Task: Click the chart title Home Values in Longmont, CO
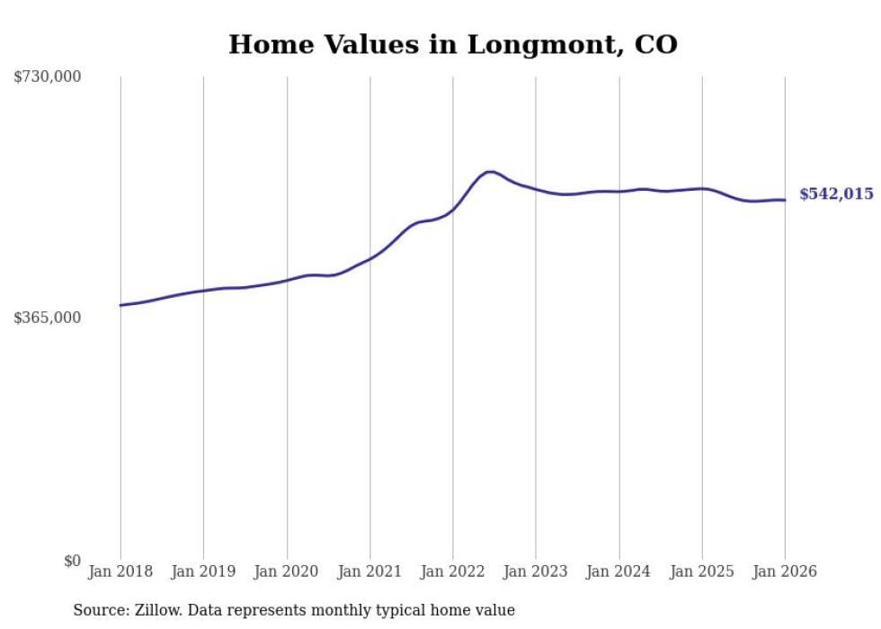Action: [x=452, y=44]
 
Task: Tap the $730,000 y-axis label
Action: [x=48, y=77]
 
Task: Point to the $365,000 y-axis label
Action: [x=48, y=318]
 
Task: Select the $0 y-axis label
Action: [x=72, y=561]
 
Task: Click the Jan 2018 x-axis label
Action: [x=120, y=571]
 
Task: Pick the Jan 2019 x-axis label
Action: [x=203, y=571]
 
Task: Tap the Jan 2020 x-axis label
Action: [x=287, y=571]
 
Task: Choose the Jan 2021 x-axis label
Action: [x=369, y=571]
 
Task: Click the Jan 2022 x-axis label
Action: [x=453, y=571]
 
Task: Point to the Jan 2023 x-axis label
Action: [x=536, y=571]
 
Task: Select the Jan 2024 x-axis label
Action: [x=619, y=571]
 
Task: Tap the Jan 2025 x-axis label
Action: [x=702, y=571]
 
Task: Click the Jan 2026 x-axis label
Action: [x=785, y=571]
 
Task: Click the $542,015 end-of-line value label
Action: [x=836, y=194]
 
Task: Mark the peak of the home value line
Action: [x=490, y=171]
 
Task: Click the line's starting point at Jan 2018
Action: [x=120, y=305]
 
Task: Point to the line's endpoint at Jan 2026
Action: [x=785, y=200]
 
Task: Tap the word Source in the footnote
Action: [x=97, y=610]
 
